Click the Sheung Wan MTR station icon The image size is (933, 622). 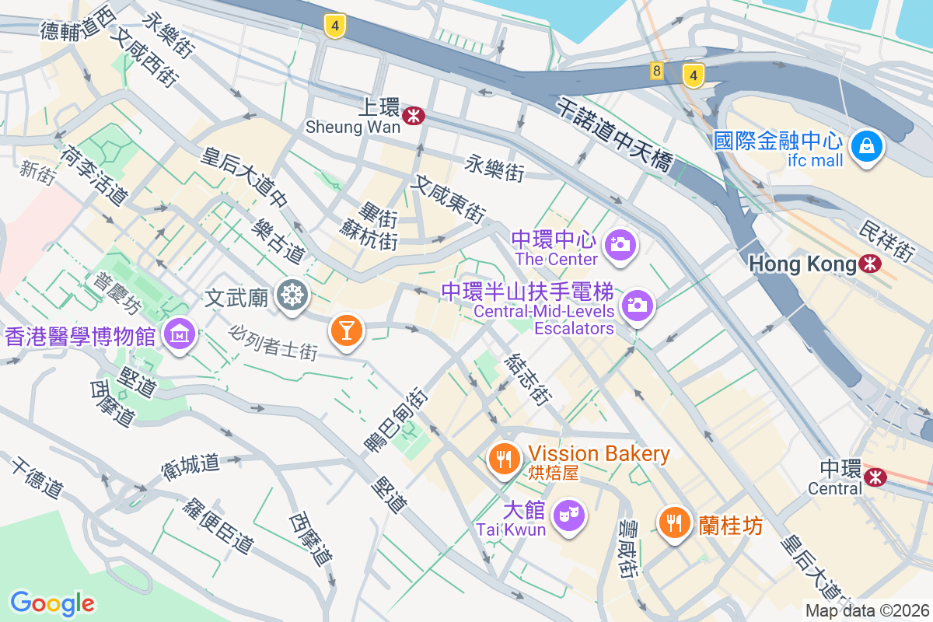coord(414,116)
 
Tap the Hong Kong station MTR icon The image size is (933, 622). coord(870,264)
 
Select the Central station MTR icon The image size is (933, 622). coord(876,476)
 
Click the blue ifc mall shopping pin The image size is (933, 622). coord(865,145)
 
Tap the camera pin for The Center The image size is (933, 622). coord(621,244)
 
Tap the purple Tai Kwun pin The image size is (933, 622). coord(568,515)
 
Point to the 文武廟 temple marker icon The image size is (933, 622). coord(294,295)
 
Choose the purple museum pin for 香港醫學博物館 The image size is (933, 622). coord(180,334)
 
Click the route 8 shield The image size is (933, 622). coord(658,72)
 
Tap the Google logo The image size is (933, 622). coord(52,603)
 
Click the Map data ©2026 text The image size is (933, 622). coord(867,610)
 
